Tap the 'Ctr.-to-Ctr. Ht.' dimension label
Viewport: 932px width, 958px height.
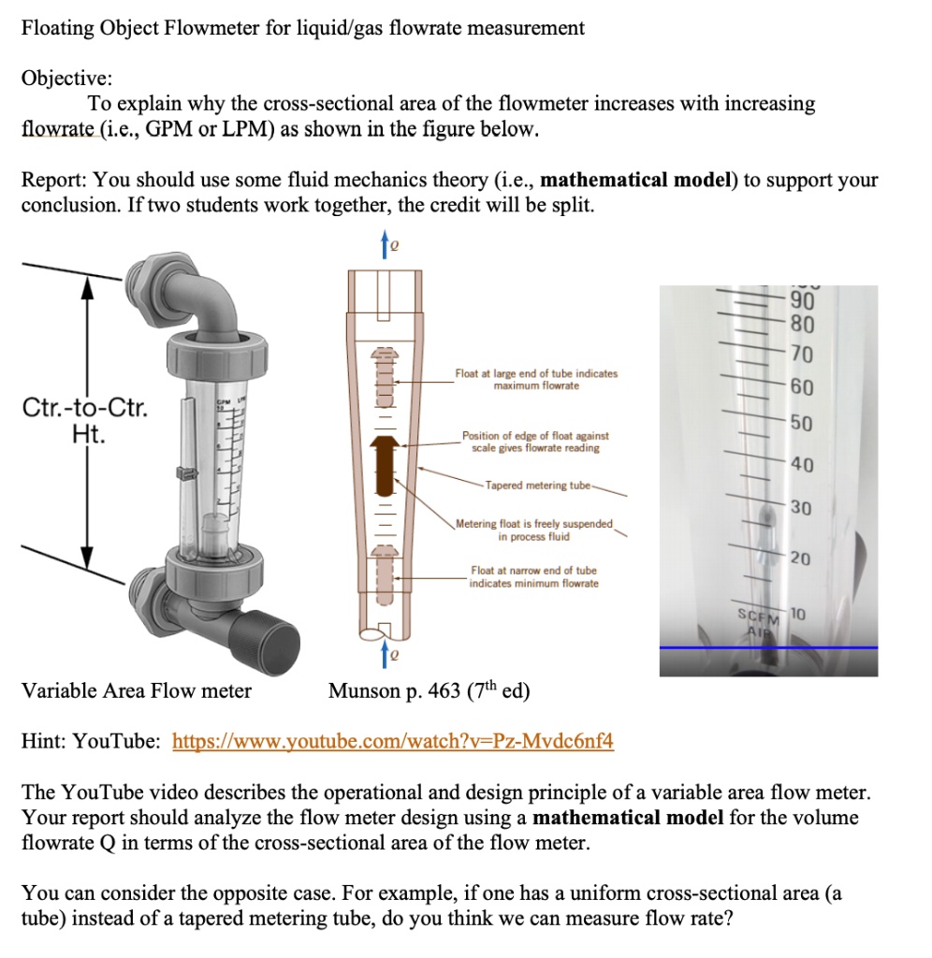pos(83,422)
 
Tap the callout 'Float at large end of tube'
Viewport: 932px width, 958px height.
pos(536,379)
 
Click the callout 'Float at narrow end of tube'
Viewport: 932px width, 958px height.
pos(533,576)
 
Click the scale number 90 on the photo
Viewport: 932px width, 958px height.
pos(802,300)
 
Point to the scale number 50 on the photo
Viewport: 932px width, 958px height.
pos(802,423)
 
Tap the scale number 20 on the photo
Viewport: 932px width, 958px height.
pos(800,559)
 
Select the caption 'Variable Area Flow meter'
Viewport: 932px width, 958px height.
pos(137,691)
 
